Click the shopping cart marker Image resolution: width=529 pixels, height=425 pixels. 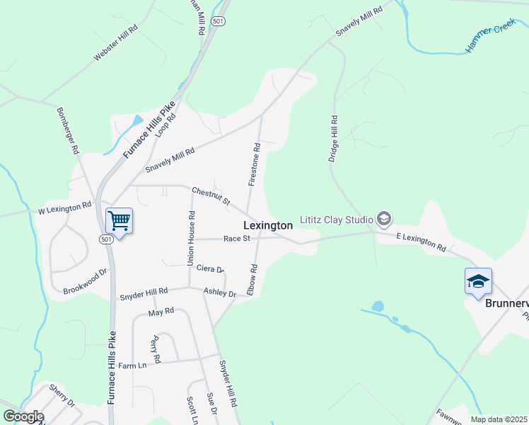120,220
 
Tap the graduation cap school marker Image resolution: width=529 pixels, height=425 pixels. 478,281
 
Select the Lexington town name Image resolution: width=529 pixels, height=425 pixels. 268,225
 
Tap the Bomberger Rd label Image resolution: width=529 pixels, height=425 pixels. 67,132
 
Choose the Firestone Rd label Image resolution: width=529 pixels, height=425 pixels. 255,164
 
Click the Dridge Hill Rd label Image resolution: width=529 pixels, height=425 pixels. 334,139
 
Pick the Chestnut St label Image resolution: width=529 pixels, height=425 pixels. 211,196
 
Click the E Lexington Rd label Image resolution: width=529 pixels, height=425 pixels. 421,242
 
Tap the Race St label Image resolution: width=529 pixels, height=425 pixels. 237,239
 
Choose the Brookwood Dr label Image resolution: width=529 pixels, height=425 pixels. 85,281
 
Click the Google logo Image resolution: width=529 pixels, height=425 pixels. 23,416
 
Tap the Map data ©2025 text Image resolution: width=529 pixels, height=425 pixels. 499,419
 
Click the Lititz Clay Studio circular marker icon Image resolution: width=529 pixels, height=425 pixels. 384,217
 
